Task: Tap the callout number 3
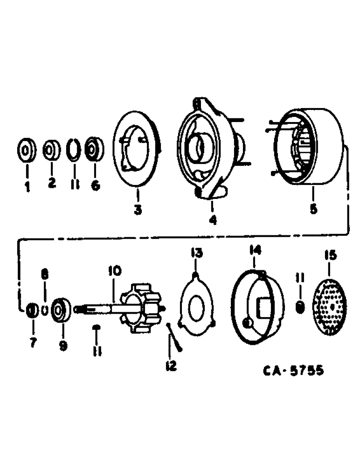(x=138, y=210)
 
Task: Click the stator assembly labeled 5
(x=308, y=149)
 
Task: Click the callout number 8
(x=45, y=275)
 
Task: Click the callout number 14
(x=255, y=251)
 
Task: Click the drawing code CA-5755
(x=292, y=371)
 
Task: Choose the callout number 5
(x=313, y=209)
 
